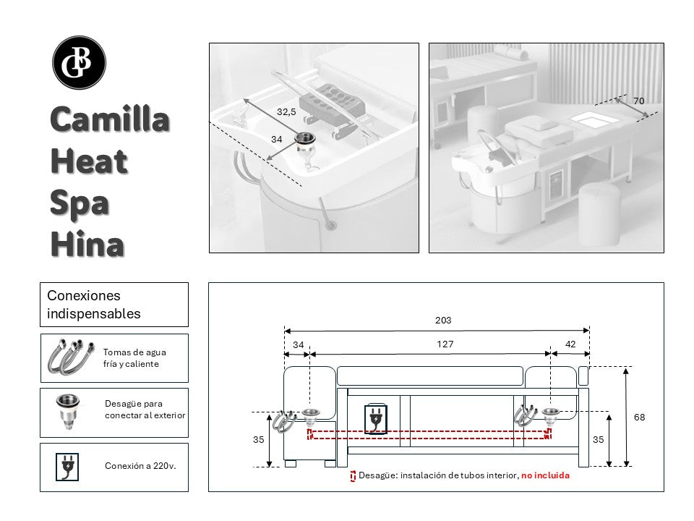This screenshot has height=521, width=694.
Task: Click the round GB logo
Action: (80, 63)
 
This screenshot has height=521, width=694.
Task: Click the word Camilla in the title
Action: (110, 119)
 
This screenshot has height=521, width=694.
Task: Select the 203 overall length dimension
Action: (443, 320)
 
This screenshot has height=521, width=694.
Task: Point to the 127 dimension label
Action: (445, 344)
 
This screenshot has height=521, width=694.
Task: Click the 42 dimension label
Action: (570, 344)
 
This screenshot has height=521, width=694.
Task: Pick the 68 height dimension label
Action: (638, 417)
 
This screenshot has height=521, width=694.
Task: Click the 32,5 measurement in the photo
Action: (286, 112)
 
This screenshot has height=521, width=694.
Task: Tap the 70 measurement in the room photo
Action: (638, 101)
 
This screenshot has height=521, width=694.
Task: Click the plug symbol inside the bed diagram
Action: (376, 419)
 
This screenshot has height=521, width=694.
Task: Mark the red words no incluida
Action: (545, 475)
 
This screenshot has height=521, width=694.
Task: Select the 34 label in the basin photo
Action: (277, 139)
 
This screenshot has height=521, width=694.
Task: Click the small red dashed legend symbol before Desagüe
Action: (353, 475)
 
